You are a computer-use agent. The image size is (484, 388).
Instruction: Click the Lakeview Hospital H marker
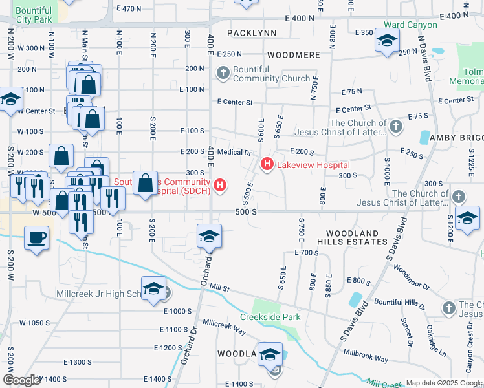pos(267,166)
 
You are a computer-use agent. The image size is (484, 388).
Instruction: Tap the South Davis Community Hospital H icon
pos(221,186)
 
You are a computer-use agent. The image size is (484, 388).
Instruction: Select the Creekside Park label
pos(270,317)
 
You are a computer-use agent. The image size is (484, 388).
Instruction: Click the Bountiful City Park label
pos(33,16)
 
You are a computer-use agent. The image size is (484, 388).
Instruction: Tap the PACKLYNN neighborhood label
pos(252,32)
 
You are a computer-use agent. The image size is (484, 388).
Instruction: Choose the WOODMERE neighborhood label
pos(293,55)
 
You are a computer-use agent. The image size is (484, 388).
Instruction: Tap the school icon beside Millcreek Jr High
pos(153,289)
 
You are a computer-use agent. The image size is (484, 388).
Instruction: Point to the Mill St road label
pos(220,286)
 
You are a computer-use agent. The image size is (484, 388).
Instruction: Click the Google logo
pos(22,380)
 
